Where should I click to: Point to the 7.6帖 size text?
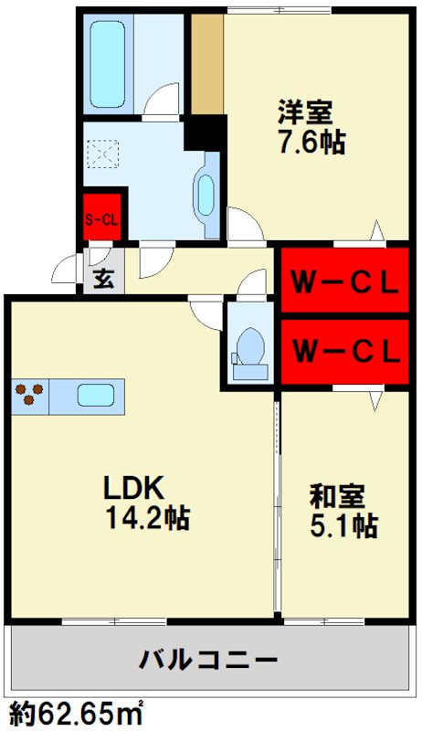[x=311, y=143]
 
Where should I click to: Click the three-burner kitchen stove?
[x=30, y=396]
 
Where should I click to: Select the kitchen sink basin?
[x=95, y=396]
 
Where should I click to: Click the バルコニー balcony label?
[x=209, y=659]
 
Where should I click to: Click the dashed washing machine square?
[x=101, y=152]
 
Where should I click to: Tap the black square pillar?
[x=205, y=134]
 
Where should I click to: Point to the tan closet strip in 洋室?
[x=206, y=62]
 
